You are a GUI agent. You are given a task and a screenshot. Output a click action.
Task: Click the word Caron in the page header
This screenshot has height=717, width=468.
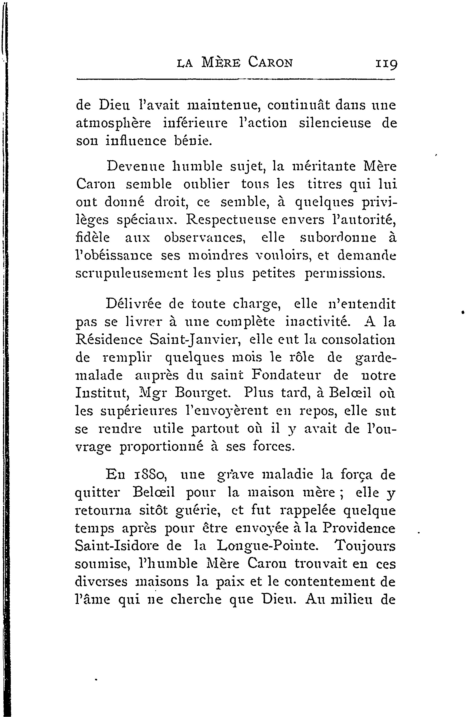point(270,63)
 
